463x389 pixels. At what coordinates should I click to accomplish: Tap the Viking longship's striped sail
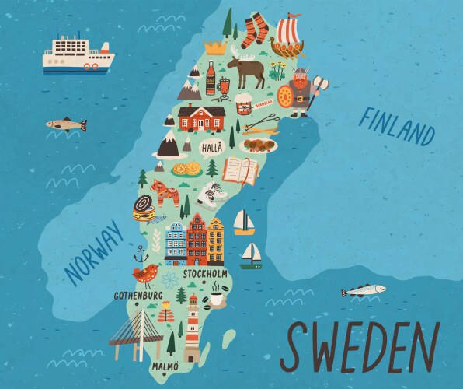290,32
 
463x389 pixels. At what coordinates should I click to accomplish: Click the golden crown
214,48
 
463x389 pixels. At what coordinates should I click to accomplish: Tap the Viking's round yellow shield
286,98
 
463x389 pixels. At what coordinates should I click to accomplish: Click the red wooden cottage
201,119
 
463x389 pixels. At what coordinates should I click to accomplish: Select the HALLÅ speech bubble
211,147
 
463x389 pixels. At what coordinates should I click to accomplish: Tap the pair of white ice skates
210,194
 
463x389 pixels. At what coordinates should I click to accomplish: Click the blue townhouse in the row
176,244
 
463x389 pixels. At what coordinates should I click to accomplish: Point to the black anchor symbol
141,254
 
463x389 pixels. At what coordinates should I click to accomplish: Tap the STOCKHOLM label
206,275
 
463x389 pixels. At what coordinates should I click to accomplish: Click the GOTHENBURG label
138,296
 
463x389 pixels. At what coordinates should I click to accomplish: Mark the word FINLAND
395,125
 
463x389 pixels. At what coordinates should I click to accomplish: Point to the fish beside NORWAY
65,124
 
